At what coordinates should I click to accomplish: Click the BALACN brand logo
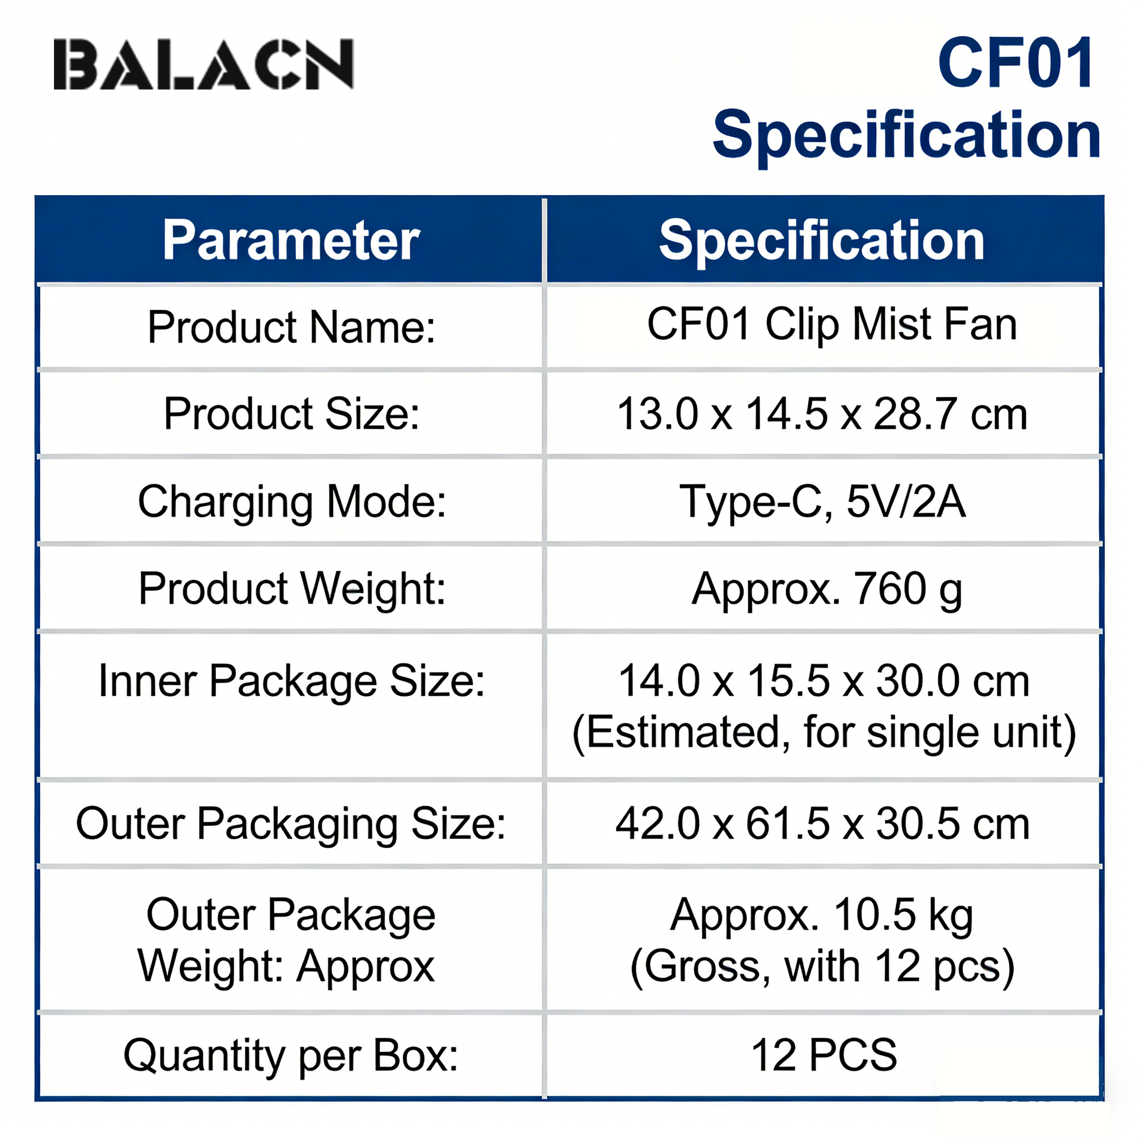coord(204,65)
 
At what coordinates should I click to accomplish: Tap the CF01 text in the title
coord(1017,62)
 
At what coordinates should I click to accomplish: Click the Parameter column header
coord(291,240)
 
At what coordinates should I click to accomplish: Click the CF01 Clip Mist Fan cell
coord(832,325)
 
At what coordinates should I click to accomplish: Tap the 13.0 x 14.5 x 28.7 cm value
coord(822,414)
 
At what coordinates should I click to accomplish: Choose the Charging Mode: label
coord(292,502)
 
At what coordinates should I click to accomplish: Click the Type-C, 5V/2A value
coord(823,502)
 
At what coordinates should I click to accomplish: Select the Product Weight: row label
coord(292,589)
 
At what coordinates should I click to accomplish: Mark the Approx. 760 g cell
coord(826,590)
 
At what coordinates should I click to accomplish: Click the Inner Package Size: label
coord(292,681)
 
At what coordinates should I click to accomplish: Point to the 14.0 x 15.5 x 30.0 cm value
coord(824,681)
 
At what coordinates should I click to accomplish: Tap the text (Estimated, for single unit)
coord(824,733)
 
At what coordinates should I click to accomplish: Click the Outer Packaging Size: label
coord(291,824)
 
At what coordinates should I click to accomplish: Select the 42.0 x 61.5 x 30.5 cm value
coord(823,824)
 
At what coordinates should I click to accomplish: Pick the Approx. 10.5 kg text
coord(822,916)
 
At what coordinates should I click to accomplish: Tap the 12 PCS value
coord(824,1054)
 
